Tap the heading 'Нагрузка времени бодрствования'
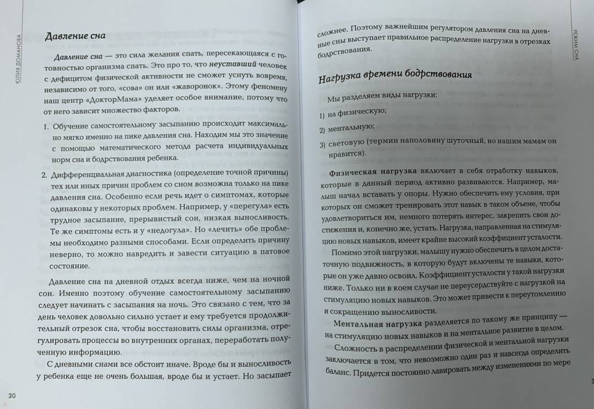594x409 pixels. point(395,76)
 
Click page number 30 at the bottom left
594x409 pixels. point(12,396)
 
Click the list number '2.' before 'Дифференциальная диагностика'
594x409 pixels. point(46,175)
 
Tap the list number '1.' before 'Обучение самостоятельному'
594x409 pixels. point(46,127)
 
